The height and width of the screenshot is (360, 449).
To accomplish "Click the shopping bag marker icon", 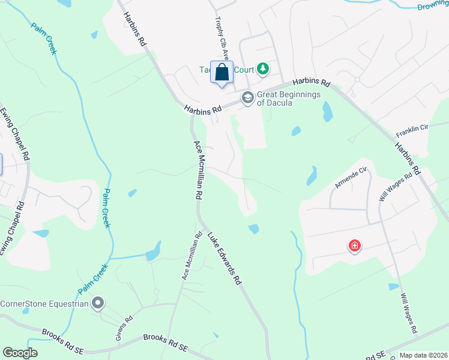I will pos(221,73).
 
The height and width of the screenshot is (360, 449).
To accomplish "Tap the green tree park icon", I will pos(262,70).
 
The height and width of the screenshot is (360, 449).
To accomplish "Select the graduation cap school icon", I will pos(247,97).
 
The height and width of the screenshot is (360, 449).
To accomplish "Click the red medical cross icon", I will pos(355,246).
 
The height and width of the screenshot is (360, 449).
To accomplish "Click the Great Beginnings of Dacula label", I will pos(289,98).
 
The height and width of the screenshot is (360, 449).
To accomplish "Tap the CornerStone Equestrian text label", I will pos(44,304).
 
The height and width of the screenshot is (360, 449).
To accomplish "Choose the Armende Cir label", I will pos(351,179).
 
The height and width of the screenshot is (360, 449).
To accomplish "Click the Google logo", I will pos(20,353).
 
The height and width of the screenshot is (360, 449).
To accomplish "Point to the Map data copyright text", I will pos(423,355).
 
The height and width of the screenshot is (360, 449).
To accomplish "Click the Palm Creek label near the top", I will pos(44,38).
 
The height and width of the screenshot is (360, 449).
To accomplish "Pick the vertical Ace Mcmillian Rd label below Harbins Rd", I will pos(197,170).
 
